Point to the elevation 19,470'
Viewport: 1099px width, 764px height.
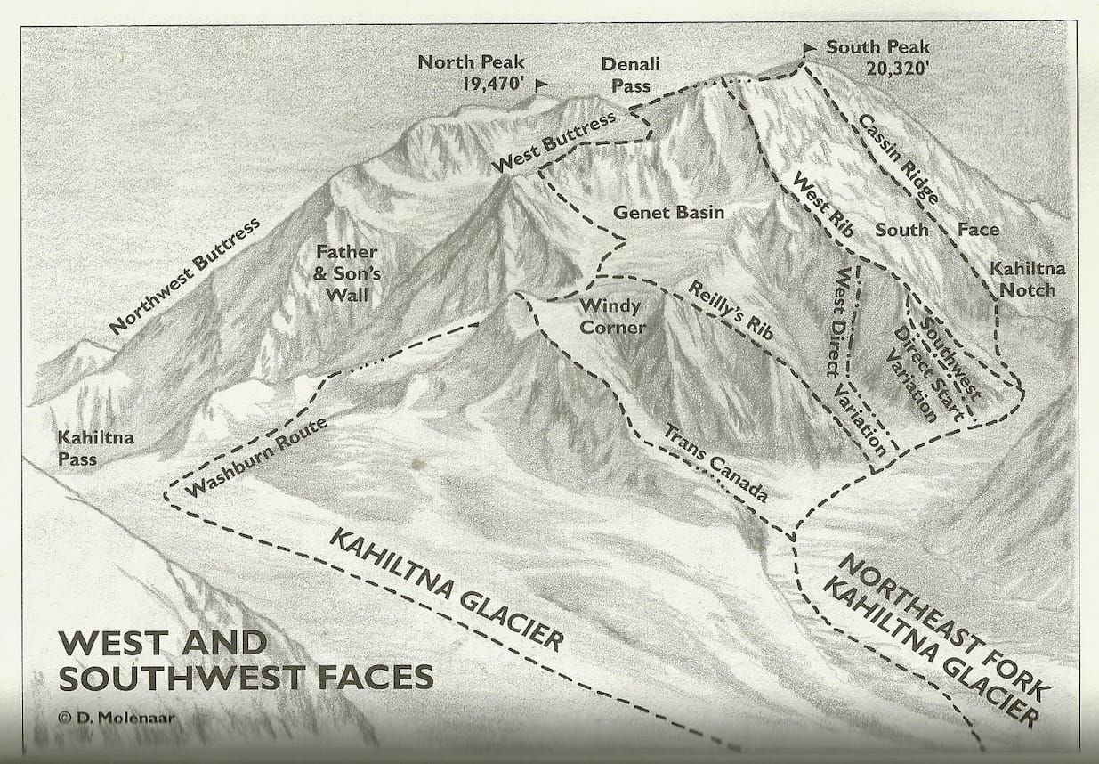482,85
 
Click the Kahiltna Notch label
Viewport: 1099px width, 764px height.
1028,279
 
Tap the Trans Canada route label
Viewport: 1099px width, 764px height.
715,463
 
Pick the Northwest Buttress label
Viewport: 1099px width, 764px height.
185,276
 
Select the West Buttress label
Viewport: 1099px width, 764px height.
553,144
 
